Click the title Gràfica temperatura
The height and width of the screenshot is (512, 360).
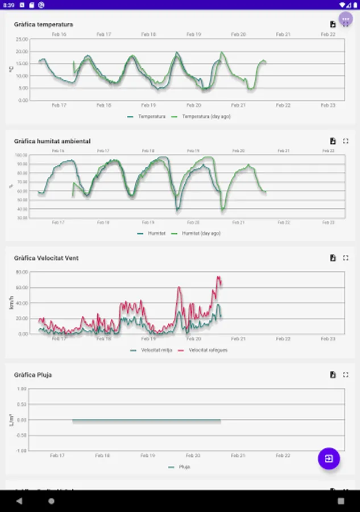(43, 24)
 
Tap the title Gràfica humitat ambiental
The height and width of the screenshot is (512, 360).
(52, 141)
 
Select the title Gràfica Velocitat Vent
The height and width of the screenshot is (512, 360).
(46, 258)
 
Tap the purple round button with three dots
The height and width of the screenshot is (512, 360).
(346, 19)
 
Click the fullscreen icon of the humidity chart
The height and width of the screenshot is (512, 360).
(346, 141)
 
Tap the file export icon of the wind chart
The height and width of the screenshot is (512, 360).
(333, 258)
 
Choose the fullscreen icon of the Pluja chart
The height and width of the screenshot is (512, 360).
(346, 375)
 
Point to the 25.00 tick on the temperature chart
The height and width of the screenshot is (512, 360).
(22, 39)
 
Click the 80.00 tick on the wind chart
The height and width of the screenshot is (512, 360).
(22, 272)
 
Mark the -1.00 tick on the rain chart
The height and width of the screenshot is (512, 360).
(22, 451)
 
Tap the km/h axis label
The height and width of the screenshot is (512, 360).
(11, 303)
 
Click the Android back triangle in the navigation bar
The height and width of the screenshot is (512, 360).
(19, 501)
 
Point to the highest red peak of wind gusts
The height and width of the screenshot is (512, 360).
(217, 277)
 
